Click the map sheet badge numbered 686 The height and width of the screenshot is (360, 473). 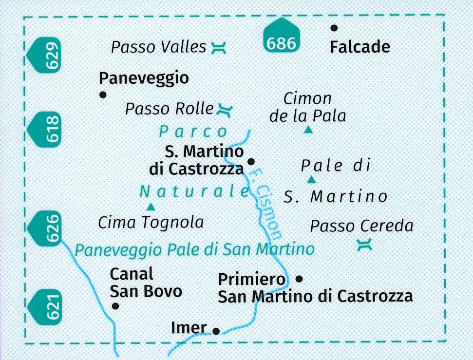(x=282, y=35)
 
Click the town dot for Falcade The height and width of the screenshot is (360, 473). (x=334, y=28)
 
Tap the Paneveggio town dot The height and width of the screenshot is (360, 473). (x=103, y=95)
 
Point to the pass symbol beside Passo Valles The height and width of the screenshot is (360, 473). (x=218, y=48)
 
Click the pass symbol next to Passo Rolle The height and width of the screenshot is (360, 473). (x=225, y=110)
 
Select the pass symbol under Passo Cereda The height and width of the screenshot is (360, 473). (x=364, y=245)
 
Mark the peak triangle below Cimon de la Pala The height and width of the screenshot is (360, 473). (x=308, y=130)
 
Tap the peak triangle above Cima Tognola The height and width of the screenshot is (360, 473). (x=151, y=207)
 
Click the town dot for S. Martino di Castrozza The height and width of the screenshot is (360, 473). (x=251, y=162)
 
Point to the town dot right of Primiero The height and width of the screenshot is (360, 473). (x=299, y=279)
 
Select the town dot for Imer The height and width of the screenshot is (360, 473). (x=216, y=331)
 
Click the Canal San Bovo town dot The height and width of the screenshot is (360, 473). (x=115, y=306)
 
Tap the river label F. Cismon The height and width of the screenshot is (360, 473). (x=266, y=205)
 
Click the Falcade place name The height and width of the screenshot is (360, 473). (x=360, y=47)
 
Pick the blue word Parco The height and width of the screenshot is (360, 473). (x=193, y=132)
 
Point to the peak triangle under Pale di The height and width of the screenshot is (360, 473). (x=311, y=180)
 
